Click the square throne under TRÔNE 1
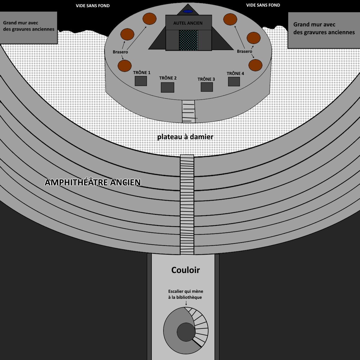(141, 81)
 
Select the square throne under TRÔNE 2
(167, 87)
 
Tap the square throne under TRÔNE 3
(207, 87)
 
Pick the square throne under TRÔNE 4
(234, 82)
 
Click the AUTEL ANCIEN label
(188, 23)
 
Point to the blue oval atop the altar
(188, 11)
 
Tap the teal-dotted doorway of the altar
(188, 40)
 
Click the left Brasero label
(120, 52)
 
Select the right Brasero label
(244, 51)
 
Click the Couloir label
(185, 270)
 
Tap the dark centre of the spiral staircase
(186, 332)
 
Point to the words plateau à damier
(185, 137)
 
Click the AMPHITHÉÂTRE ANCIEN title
(93, 182)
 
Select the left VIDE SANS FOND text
(93, 6)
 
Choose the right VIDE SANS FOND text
(263, 5)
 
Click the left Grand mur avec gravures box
(28, 28)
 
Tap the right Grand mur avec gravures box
(324, 30)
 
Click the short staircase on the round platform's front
(188, 111)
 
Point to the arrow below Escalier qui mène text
(186, 303)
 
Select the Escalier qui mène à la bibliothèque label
(185, 294)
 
